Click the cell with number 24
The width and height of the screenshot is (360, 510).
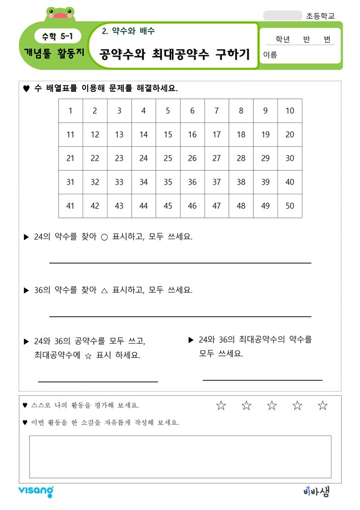pos(144,158)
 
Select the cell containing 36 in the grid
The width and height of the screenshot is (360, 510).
pos(192,182)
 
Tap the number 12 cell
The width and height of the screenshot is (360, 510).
pos(95,135)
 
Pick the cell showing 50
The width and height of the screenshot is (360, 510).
pos(290,206)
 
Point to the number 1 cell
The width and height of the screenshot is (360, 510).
pos(70,111)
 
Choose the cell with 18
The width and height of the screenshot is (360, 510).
pos(241,135)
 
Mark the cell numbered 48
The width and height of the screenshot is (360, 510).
pos(241,206)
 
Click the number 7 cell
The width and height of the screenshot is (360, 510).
pos(217,111)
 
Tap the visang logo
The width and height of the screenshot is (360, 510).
pos(36,491)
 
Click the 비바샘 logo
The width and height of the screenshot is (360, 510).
pos(316,491)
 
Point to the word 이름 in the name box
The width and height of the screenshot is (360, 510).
pos(270,55)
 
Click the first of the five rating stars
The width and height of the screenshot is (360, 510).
pos(221,405)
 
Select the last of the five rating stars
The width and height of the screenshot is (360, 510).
pos(322,405)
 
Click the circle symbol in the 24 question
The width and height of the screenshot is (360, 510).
pos(104,237)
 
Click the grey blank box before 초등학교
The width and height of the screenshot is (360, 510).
pos(282,16)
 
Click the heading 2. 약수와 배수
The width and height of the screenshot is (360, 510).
pos(128,31)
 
